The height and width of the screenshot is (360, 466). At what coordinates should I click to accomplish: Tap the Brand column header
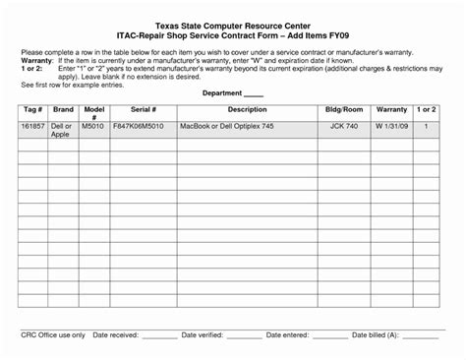click(x=63, y=109)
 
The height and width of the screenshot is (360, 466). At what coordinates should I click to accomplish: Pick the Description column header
click(x=247, y=109)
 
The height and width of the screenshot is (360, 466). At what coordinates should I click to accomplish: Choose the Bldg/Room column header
click(x=344, y=109)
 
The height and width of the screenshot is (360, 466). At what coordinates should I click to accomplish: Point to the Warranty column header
click(x=391, y=109)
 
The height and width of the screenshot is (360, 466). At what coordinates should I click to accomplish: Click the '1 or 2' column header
click(x=426, y=109)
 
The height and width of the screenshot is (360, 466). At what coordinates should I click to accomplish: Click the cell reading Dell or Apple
click(x=62, y=131)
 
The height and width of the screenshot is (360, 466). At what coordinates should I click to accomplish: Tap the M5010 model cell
click(x=92, y=127)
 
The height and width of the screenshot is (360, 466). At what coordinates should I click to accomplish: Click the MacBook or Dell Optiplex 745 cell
click(x=231, y=127)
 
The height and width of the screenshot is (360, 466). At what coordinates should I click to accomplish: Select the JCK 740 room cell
click(x=344, y=127)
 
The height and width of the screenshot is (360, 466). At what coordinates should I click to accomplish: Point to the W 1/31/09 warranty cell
click(x=391, y=127)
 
